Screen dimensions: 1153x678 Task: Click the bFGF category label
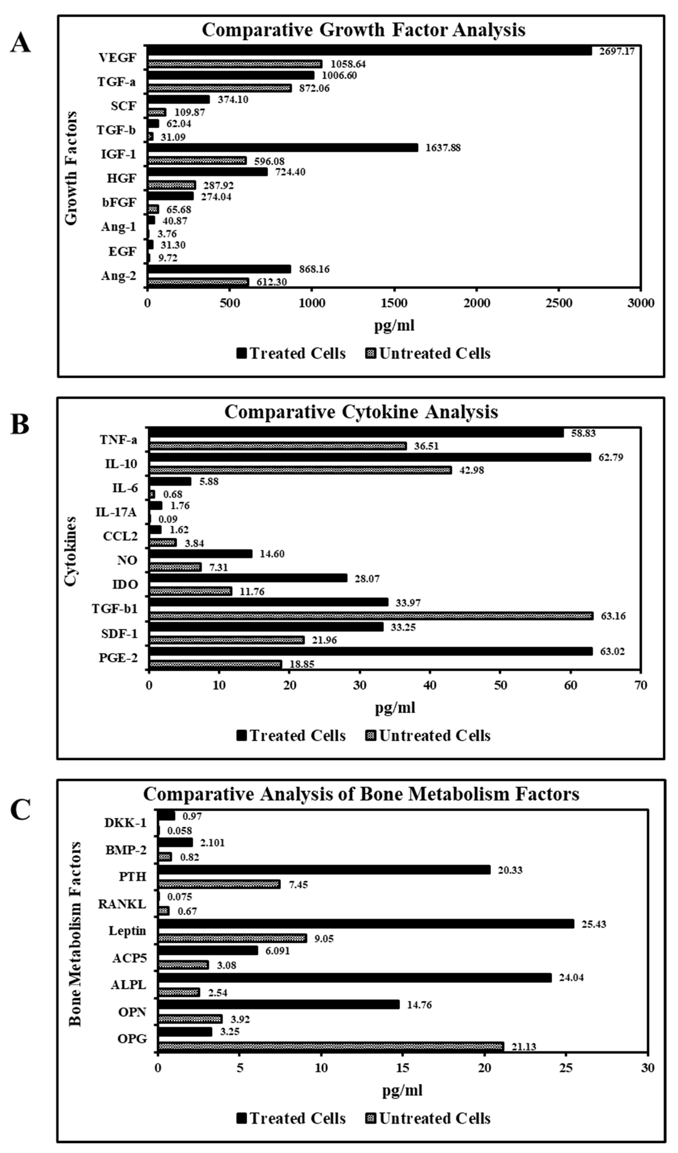point(119,202)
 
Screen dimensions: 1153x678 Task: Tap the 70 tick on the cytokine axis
point(641,685)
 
